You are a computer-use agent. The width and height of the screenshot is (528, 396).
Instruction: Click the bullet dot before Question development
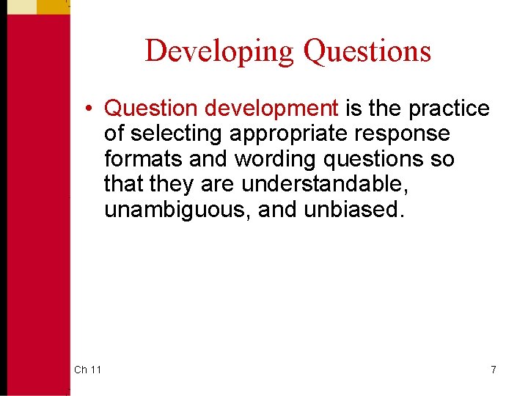click(x=87, y=109)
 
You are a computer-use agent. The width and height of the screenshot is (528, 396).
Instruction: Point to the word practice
click(x=449, y=109)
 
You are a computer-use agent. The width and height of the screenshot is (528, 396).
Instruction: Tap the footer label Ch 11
click(x=87, y=369)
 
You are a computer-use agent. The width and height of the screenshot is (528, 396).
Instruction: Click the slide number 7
click(x=494, y=370)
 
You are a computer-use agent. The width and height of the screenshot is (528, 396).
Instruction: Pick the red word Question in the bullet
click(x=152, y=109)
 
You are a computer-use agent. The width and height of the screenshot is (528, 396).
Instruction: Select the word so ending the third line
click(x=442, y=159)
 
